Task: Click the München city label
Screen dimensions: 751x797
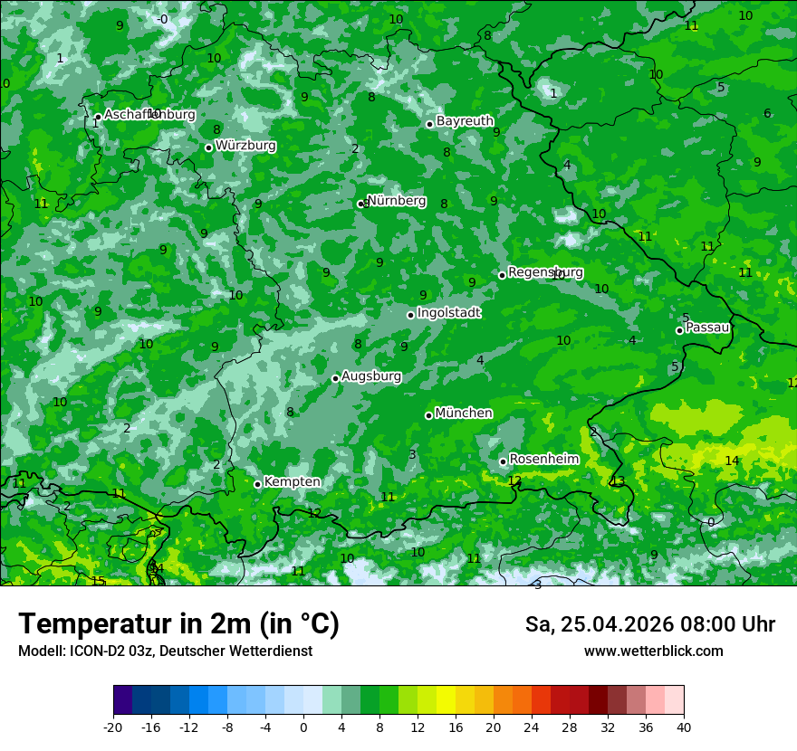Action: (464, 413)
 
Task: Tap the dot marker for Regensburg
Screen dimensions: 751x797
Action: (502, 275)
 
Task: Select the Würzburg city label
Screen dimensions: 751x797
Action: (245, 145)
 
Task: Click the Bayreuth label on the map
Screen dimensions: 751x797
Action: (465, 120)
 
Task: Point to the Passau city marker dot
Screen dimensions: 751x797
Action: (679, 330)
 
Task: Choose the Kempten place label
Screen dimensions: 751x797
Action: (292, 481)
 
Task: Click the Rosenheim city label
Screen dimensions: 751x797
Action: (543, 459)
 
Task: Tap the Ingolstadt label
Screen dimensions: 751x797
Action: (448, 312)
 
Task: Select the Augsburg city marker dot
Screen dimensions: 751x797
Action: (335, 378)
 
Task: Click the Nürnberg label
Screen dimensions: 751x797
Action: (397, 200)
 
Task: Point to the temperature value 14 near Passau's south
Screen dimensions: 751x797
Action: (732, 461)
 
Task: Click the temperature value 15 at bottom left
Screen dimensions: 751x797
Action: (98, 581)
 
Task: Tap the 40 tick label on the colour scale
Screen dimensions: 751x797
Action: (684, 727)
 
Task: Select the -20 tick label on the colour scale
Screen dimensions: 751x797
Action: (113, 727)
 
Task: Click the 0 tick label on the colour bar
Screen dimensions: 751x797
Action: (303, 727)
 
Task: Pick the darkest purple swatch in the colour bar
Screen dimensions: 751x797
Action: (122, 699)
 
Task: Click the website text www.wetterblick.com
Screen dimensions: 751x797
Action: (653, 651)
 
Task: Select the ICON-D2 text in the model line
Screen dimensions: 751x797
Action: (91, 651)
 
